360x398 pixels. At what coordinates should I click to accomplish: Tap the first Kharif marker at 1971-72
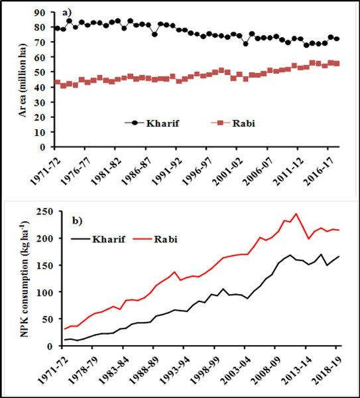click(57, 28)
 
